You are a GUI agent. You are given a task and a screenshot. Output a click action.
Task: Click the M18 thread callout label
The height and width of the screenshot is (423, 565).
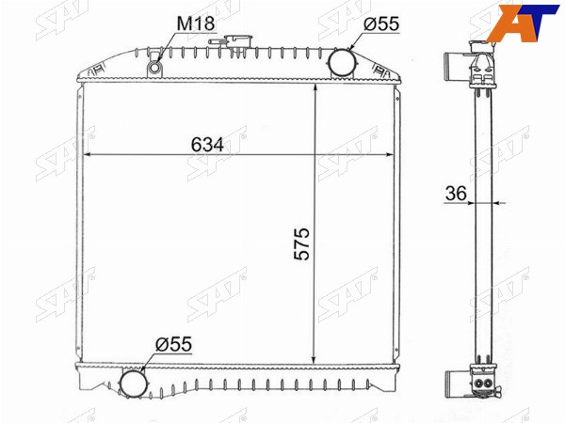[x=196, y=23]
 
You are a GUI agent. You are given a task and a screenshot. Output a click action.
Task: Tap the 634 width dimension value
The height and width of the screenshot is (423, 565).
[x=207, y=145]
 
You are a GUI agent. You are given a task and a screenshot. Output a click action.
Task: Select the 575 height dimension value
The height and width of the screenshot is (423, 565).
[x=302, y=243]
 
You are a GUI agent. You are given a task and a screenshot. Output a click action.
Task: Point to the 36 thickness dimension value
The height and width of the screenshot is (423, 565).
[x=456, y=194]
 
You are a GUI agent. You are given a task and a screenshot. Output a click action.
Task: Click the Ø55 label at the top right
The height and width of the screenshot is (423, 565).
[x=381, y=24]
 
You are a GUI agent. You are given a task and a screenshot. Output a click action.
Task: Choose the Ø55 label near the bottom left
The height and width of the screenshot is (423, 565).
[x=173, y=344]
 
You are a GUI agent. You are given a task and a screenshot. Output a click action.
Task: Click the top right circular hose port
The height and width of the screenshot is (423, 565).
[x=341, y=61]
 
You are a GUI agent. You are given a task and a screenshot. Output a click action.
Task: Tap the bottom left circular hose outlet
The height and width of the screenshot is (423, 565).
[x=134, y=384]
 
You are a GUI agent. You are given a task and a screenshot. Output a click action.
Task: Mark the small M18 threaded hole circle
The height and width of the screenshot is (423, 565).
[x=155, y=68]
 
